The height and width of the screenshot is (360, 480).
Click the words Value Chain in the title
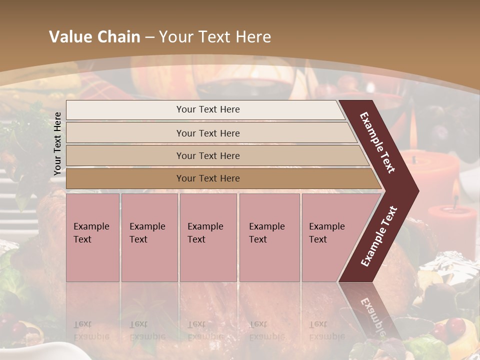tap(94, 37)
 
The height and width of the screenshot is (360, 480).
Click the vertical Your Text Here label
tap(57, 143)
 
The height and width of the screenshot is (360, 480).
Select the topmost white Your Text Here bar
tap(208, 109)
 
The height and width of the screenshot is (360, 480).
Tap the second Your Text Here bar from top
tap(208, 133)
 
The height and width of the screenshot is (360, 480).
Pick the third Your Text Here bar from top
tap(208, 155)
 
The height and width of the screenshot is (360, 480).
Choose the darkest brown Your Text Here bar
tap(208, 178)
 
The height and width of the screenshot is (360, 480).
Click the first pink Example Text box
tap(92, 237)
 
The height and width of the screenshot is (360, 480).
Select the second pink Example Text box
tap(149, 237)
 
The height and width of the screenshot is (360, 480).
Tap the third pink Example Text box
tap(208, 237)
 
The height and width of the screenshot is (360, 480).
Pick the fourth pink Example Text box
tap(269, 237)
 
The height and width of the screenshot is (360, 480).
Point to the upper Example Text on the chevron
tap(377, 142)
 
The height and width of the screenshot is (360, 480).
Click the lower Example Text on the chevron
tap(379, 236)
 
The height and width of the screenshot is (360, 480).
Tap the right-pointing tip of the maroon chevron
tap(415, 191)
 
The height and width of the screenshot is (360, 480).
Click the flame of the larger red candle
tap(413, 131)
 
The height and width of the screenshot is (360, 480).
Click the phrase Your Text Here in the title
tap(215, 37)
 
